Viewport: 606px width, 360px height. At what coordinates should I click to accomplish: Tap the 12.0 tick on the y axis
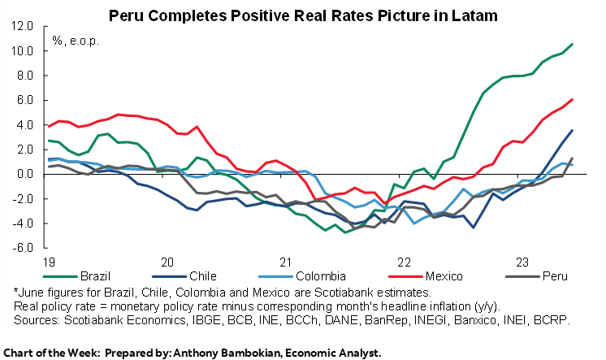23,26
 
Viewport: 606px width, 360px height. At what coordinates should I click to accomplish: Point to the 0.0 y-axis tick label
25,174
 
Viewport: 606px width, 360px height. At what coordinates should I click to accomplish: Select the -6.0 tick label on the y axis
24,248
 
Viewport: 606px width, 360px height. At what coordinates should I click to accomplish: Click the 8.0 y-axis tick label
25,76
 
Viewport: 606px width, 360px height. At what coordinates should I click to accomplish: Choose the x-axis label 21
285,262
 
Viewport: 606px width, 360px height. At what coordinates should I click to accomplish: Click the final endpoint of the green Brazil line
573,44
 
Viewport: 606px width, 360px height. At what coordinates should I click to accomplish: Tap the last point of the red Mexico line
573,99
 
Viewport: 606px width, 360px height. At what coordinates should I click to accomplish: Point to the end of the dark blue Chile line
573,130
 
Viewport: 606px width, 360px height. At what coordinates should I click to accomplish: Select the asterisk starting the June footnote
15,293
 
